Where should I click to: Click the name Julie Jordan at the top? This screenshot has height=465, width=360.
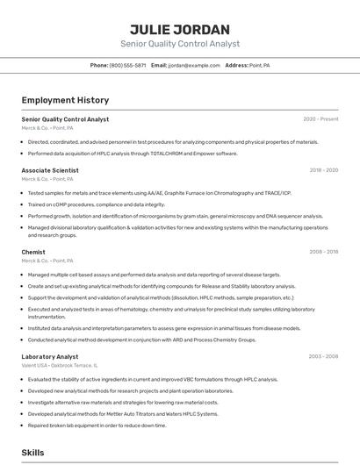[x=179, y=29]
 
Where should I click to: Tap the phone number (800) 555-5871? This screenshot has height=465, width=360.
[x=127, y=65]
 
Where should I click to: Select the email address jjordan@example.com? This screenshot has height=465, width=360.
[x=194, y=65]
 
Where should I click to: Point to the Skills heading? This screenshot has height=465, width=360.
[x=33, y=453]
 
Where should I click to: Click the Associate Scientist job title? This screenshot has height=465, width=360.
[x=50, y=170]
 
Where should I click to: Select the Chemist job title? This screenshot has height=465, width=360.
[x=33, y=252]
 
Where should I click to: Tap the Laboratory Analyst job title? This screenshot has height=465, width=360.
[x=50, y=357]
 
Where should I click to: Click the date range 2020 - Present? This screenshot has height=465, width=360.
[x=320, y=119]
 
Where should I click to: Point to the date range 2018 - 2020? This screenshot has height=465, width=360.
[x=323, y=170]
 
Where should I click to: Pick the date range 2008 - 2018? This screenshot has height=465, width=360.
[x=323, y=252]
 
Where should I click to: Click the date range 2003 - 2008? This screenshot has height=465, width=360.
[x=323, y=357]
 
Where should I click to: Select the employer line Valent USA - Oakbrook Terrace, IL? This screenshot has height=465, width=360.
[x=60, y=366]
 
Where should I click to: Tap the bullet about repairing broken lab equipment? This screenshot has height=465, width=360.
[x=97, y=425]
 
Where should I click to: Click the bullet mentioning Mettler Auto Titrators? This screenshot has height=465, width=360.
[x=123, y=413]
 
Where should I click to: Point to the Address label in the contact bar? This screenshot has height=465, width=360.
[x=236, y=65]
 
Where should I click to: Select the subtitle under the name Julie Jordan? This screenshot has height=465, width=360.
[x=179, y=44]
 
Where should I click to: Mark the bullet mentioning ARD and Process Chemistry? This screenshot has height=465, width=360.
[x=141, y=340]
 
